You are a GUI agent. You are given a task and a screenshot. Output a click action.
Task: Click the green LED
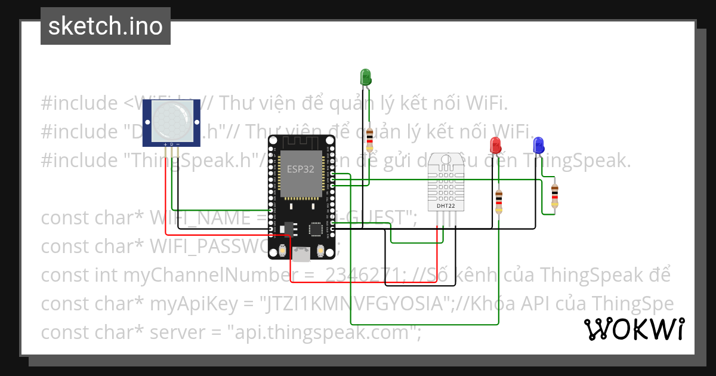[x=365, y=76]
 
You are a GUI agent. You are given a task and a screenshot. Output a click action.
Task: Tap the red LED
[x=495, y=144]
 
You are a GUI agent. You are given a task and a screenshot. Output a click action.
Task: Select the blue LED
[x=538, y=144]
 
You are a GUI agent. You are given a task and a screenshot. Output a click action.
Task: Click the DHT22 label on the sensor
[x=446, y=206]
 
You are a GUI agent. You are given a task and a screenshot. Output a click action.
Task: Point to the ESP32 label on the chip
[x=301, y=168]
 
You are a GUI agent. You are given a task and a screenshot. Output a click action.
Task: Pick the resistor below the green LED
[x=370, y=138]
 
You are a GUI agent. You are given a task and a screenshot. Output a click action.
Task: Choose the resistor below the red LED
[x=499, y=201]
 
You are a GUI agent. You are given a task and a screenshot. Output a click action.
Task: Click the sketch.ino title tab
[x=106, y=26]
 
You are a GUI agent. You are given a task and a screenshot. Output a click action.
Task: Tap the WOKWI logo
[x=634, y=329]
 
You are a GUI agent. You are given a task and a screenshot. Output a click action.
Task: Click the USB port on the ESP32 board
[x=301, y=254]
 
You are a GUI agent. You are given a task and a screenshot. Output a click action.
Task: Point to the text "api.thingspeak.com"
[x=322, y=332]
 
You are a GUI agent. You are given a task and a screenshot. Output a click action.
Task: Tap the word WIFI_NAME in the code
[x=203, y=218]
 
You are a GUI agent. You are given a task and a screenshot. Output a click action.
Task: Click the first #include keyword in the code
[x=79, y=103]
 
